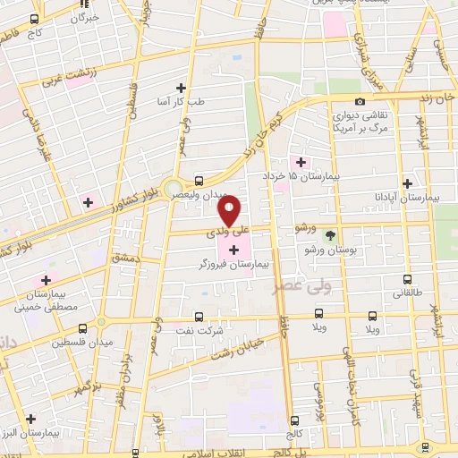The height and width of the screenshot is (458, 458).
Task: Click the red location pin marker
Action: (230, 211)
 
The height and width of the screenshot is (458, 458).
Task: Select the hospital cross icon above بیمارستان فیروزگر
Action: (233, 249)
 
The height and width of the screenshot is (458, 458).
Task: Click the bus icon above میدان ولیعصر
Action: (198, 179)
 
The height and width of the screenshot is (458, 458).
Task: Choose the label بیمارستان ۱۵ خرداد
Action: (309, 177)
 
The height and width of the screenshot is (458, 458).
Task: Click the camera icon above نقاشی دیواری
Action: (360, 102)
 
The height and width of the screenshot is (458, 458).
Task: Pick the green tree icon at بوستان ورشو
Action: (331, 235)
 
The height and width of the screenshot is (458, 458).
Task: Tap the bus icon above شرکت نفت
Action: (199, 316)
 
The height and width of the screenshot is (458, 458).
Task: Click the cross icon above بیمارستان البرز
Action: (30, 418)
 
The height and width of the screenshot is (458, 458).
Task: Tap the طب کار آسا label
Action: (181, 103)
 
